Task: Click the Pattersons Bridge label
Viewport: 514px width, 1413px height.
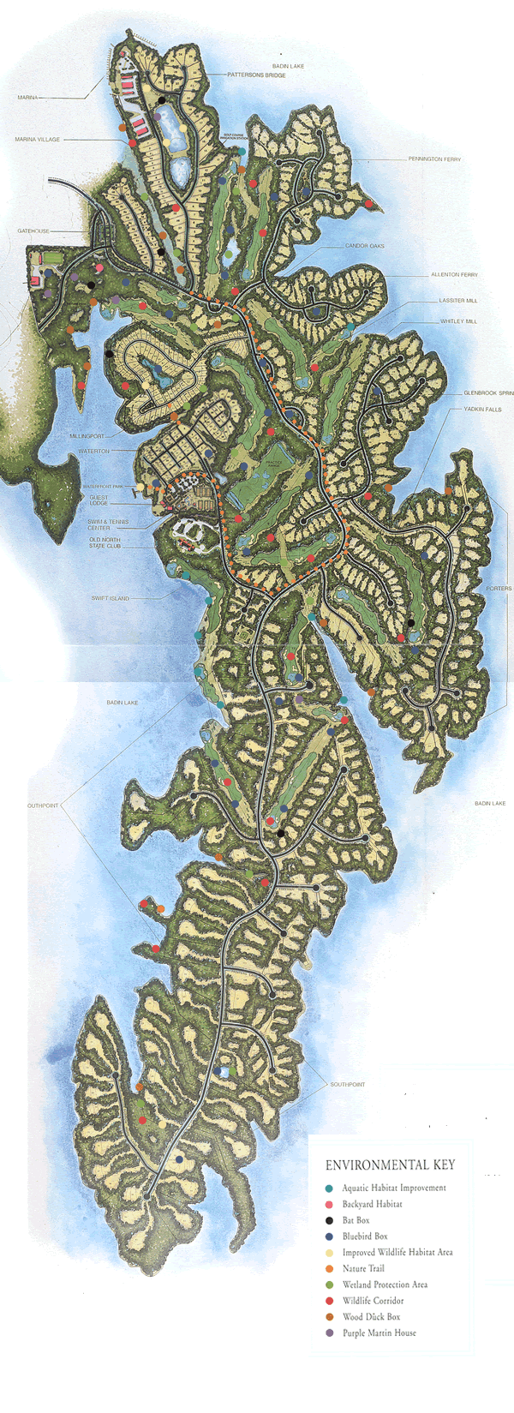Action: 256,75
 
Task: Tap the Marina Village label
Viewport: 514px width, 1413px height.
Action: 37,140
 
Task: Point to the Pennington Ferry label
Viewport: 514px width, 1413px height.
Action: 434,159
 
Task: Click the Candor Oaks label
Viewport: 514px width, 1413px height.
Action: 364,246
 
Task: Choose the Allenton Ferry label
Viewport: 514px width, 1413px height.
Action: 453,275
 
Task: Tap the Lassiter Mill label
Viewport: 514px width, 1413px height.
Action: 457,301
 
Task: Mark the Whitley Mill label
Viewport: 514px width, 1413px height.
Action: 457,321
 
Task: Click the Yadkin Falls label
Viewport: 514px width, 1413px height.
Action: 482,410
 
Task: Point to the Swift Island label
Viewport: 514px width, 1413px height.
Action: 110,598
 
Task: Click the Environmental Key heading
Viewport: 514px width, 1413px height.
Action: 390,1165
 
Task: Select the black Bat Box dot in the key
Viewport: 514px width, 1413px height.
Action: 330,1220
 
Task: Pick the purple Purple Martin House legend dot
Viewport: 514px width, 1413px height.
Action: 330,1332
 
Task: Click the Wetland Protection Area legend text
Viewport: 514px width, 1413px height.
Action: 385,1284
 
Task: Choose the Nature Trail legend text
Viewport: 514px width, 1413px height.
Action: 363,1268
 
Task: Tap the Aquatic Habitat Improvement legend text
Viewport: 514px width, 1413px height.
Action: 393,1188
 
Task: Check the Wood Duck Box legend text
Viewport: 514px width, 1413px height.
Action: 371,1317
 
